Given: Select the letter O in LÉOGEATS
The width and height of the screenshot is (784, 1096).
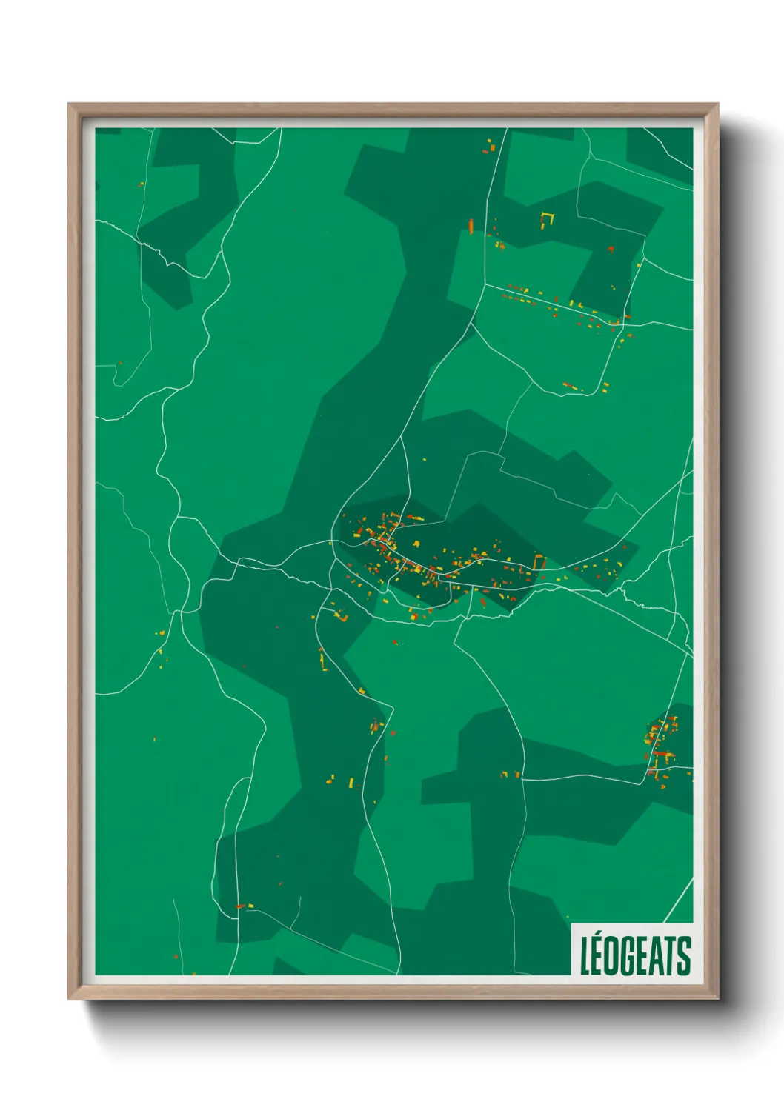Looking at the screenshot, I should (x=615, y=956).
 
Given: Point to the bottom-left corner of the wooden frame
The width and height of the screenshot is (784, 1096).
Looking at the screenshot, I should (x=70, y=998).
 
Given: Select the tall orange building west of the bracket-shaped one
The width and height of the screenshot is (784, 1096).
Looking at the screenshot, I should (x=471, y=224).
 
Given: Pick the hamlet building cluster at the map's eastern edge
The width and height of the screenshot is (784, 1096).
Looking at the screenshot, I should (x=662, y=744).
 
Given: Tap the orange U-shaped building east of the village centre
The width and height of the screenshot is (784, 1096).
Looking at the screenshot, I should (x=539, y=561).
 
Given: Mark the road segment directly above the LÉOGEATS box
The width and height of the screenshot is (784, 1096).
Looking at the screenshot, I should (x=678, y=900).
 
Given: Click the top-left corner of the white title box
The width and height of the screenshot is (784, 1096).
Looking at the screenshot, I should (x=571, y=923).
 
